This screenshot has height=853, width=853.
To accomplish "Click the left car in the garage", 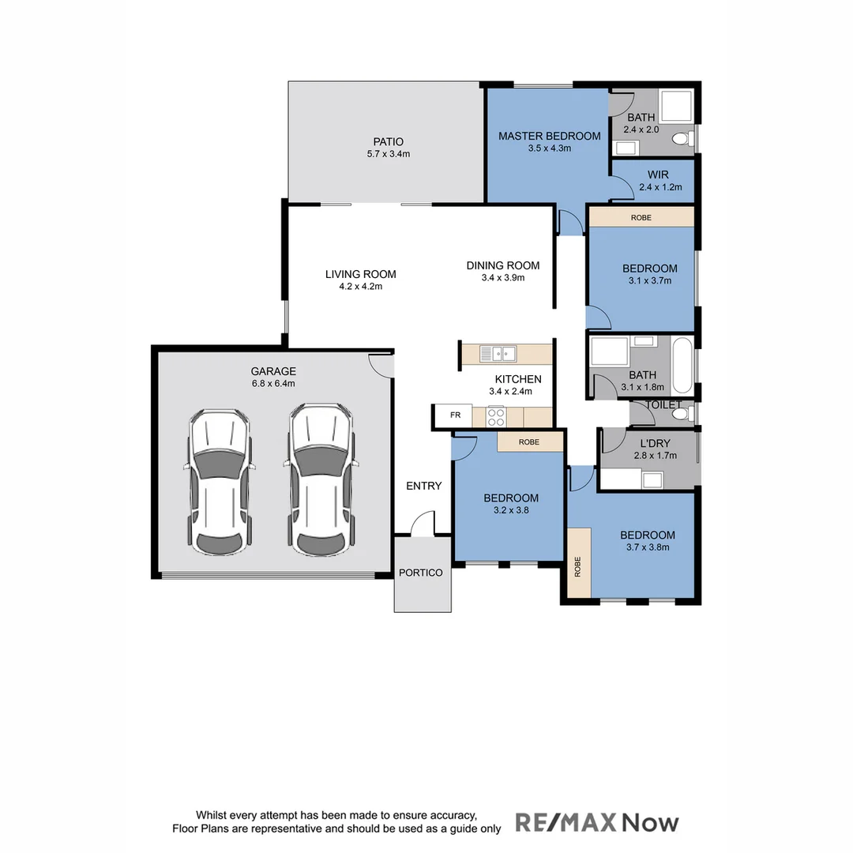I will pyautogui.click(x=219, y=482).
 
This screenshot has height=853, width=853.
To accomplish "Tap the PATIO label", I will pyautogui.click(x=388, y=142).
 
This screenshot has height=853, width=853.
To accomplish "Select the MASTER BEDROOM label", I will pyautogui.click(x=549, y=136).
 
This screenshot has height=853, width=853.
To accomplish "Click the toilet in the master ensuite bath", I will pyautogui.click(x=680, y=140).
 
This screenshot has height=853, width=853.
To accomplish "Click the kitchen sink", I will pyautogui.click(x=498, y=353).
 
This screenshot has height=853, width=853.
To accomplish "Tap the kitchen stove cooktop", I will pyautogui.click(x=496, y=416).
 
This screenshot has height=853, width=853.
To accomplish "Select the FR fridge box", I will pyautogui.click(x=455, y=415).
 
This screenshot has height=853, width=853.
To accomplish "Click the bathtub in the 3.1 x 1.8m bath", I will pyautogui.click(x=682, y=366).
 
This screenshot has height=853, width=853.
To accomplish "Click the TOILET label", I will pyautogui.click(x=663, y=405).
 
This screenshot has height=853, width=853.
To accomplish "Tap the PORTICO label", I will pyautogui.click(x=421, y=573).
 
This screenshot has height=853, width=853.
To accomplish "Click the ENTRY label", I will pyautogui.click(x=424, y=486).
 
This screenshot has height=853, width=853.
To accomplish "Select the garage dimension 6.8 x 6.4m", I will pyautogui.click(x=273, y=384).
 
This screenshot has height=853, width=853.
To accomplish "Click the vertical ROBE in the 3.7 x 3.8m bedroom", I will pyautogui.click(x=578, y=565).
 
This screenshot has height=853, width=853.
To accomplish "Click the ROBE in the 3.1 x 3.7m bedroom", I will pyautogui.click(x=641, y=216).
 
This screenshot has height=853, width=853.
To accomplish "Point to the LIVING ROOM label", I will pyautogui.click(x=360, y=274).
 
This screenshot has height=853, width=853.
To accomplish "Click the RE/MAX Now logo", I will pyautogui.click(x=597, y=822).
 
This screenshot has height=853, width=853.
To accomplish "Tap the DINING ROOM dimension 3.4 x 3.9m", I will pyautogui.click(x=502, y=277).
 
